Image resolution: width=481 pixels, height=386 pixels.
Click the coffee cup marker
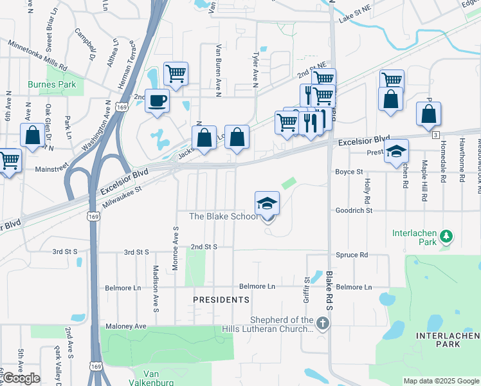click(158, 101)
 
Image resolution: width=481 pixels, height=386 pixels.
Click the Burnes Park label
click(52, 84)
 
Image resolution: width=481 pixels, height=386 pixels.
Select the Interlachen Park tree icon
click(445, 238)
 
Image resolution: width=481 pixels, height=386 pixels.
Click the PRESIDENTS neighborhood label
click(221, 300)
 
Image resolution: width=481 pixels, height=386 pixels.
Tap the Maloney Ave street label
click(126, 326)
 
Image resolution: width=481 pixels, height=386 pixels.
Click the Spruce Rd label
click(354, 255)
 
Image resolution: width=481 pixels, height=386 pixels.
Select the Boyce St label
click(349, 172)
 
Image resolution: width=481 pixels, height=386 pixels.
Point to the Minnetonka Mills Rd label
click(38, 55)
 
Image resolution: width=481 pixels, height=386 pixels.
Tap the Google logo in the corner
click(21, 378)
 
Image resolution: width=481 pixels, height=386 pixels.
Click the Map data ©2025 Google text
click(440, 381)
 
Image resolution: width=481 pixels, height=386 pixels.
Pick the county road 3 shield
click(435, 134)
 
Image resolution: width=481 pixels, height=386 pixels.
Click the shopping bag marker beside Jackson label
click(204, 138)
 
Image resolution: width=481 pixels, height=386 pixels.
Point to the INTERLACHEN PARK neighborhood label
click(447, 340)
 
